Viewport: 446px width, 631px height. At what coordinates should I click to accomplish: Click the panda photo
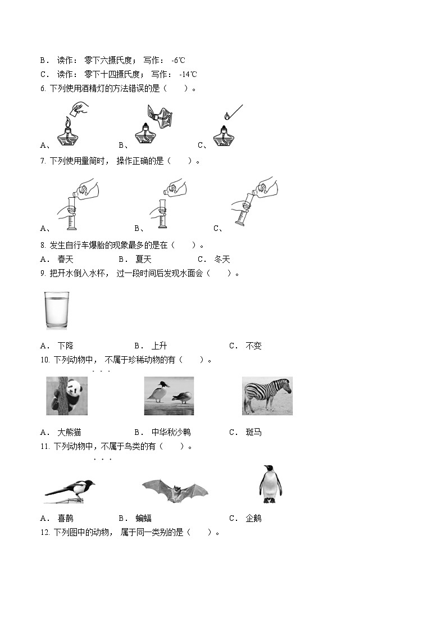pyautogui.click(x=67, y=396)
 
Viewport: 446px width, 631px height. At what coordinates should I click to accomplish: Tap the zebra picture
pyautogui.click(x=267, y=396)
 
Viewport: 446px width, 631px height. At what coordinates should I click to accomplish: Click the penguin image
pyautogui.click(x=270, y=484)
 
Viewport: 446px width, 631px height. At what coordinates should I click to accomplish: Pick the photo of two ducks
pyautogui.click(x=169, y=396)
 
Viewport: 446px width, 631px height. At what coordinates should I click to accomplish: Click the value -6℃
pyautogui.click(x=178, y=60)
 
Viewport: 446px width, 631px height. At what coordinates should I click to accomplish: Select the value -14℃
pyautogui.click(x=188, y=74)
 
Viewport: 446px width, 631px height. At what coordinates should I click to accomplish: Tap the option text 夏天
pyautogui.click(x=143, y=259)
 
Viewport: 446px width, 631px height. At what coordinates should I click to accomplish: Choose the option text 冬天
pyautogui.click(x=222, y=259)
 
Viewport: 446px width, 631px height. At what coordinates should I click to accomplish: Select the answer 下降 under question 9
pyautogui.click(x=65, y=346)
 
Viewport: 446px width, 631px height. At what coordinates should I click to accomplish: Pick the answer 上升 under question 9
pyautogui.click(x=159, y=346)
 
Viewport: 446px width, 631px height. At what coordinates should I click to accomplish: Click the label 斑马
pyautogui.click(x=253, y=432)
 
